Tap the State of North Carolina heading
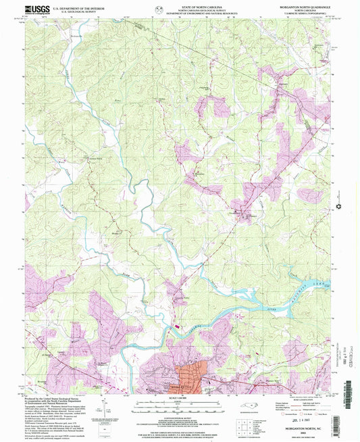click(x=180, y=5)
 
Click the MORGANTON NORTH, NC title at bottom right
click(x=309, y=430)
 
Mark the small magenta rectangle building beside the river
click(x=178, y=326)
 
